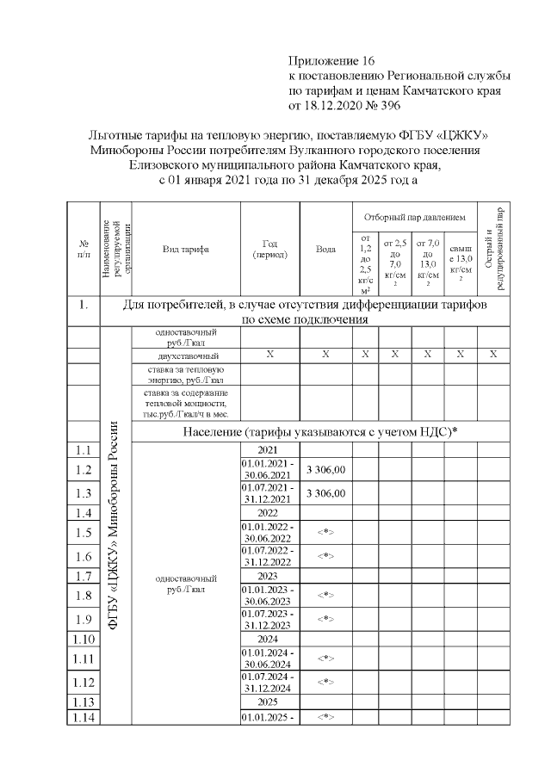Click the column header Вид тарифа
186,250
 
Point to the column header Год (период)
269,250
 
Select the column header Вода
325,250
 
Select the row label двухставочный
186,355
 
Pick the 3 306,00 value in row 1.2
325,469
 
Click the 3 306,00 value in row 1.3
325,493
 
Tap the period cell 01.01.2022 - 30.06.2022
269,532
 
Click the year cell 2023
269,576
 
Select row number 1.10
84,639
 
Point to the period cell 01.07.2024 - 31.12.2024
269,682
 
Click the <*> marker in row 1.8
325,595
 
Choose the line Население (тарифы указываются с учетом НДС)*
318,431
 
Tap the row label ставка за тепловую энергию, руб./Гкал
186,374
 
